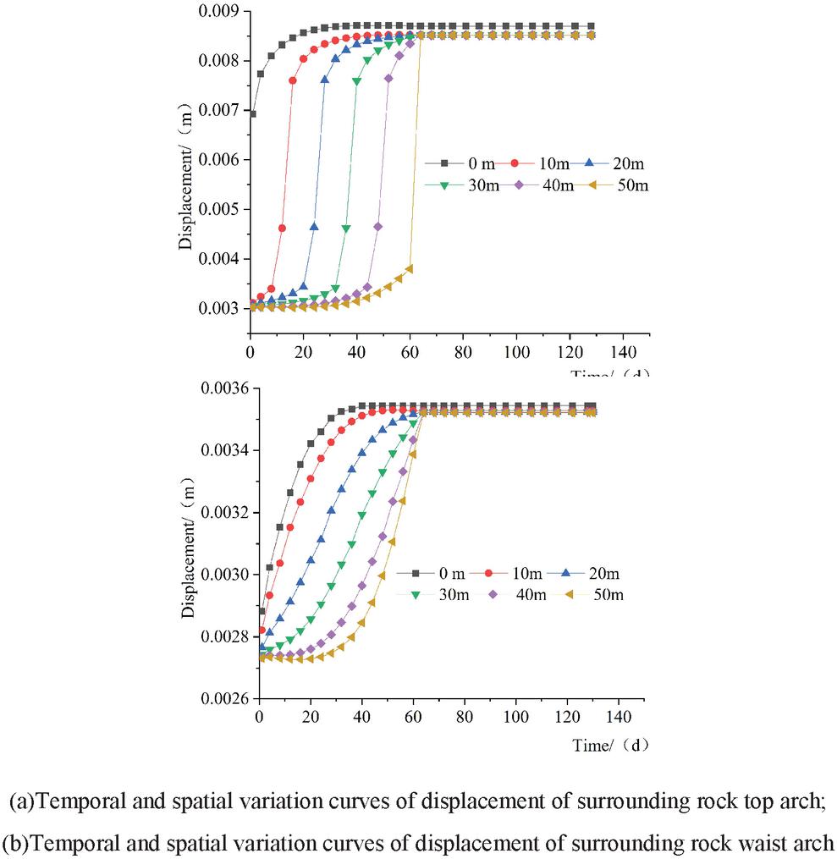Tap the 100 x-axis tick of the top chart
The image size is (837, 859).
516,351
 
